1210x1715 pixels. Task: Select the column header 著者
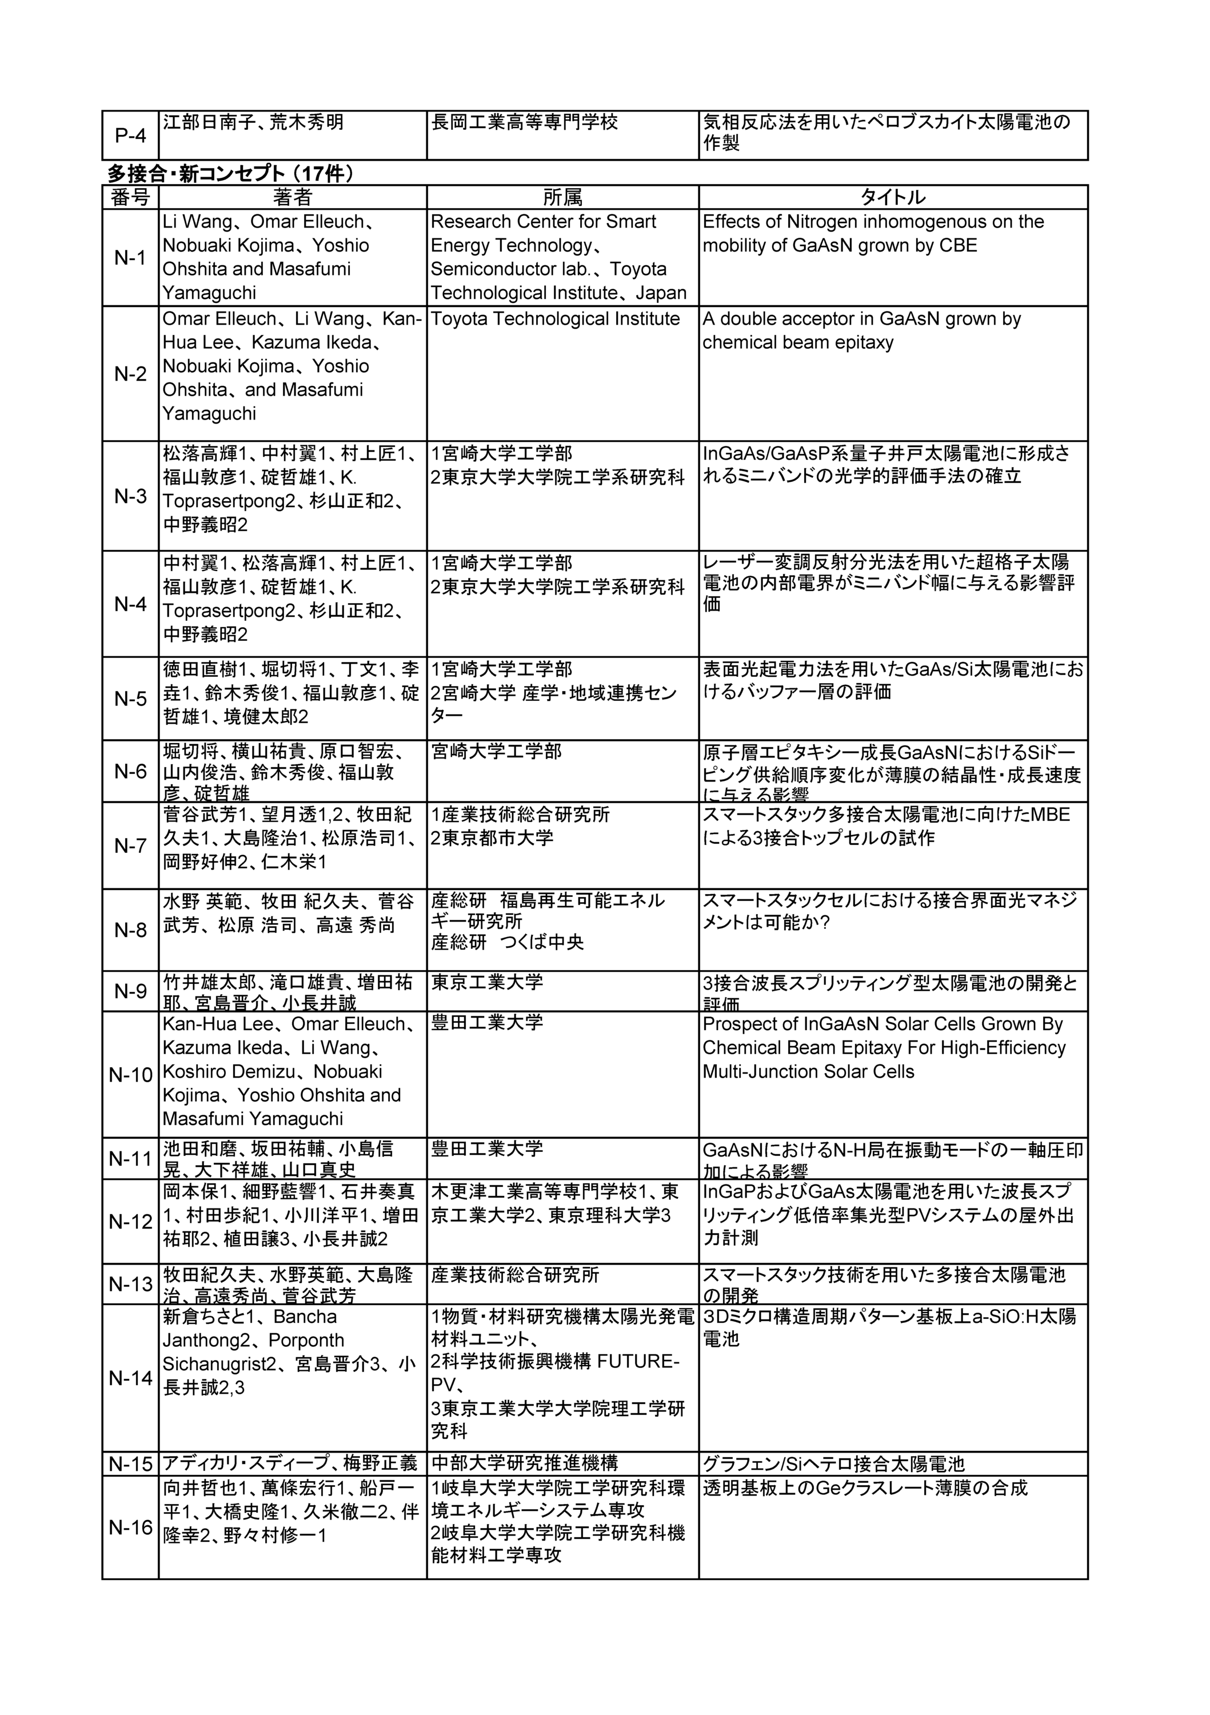pyautogui.click(x=292, y=197)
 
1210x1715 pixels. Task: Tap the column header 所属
pyautogui.click(x=562, y=197)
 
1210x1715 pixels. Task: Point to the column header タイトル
pyautogui.click(x=893, y=197)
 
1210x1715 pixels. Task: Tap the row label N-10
pyautogui.click(x=131, y=1075)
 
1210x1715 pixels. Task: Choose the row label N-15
pyautogui.click(x=131, y=1464)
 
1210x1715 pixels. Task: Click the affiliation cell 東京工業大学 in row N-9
pyautogui.click(x=487, y=982)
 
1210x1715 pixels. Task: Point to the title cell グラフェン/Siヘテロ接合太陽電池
pyautogui.click(x=833, y=1464)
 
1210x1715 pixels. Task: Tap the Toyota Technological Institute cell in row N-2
pyautogui.click(x=555, y=319)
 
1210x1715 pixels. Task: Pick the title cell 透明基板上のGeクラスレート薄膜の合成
pyautogui.click(x=865, y=1488)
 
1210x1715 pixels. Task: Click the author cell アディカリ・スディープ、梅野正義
pyautogui.click(x=290, y=1463)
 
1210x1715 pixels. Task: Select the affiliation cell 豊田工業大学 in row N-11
pyautogui.click(x=487, y=1150)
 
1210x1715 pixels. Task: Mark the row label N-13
pyautogui.click(x=131, y=1284)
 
